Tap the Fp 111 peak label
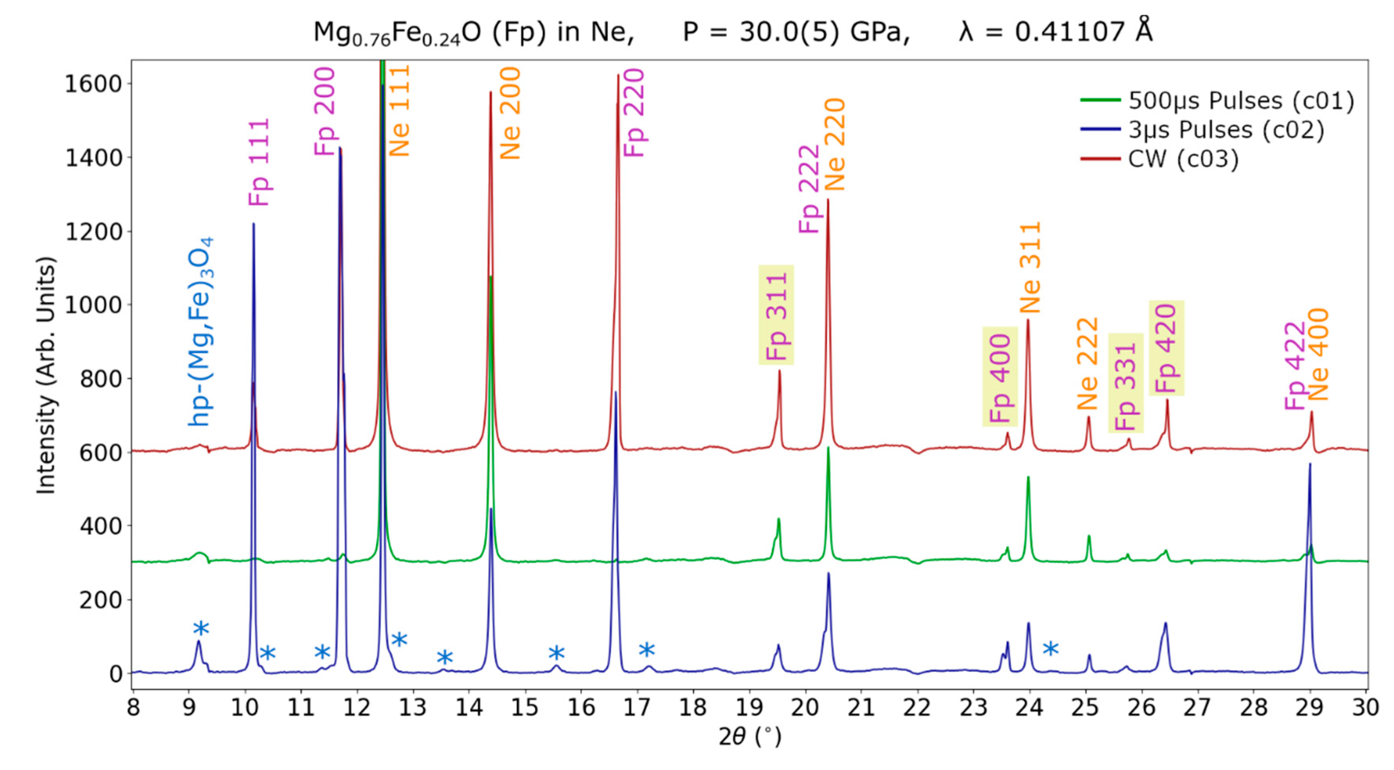click(259, 162)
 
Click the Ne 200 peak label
click(510, 113)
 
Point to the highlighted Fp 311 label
click(776, 315)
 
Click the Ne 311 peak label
click(1030, 267)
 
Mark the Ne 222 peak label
click(1087, 363)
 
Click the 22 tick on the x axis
click(917, 707)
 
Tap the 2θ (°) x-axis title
click(750, 736)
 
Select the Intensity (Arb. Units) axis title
click(46, 375)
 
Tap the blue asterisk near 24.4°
click(1050, 648)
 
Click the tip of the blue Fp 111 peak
click(253, 224)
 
